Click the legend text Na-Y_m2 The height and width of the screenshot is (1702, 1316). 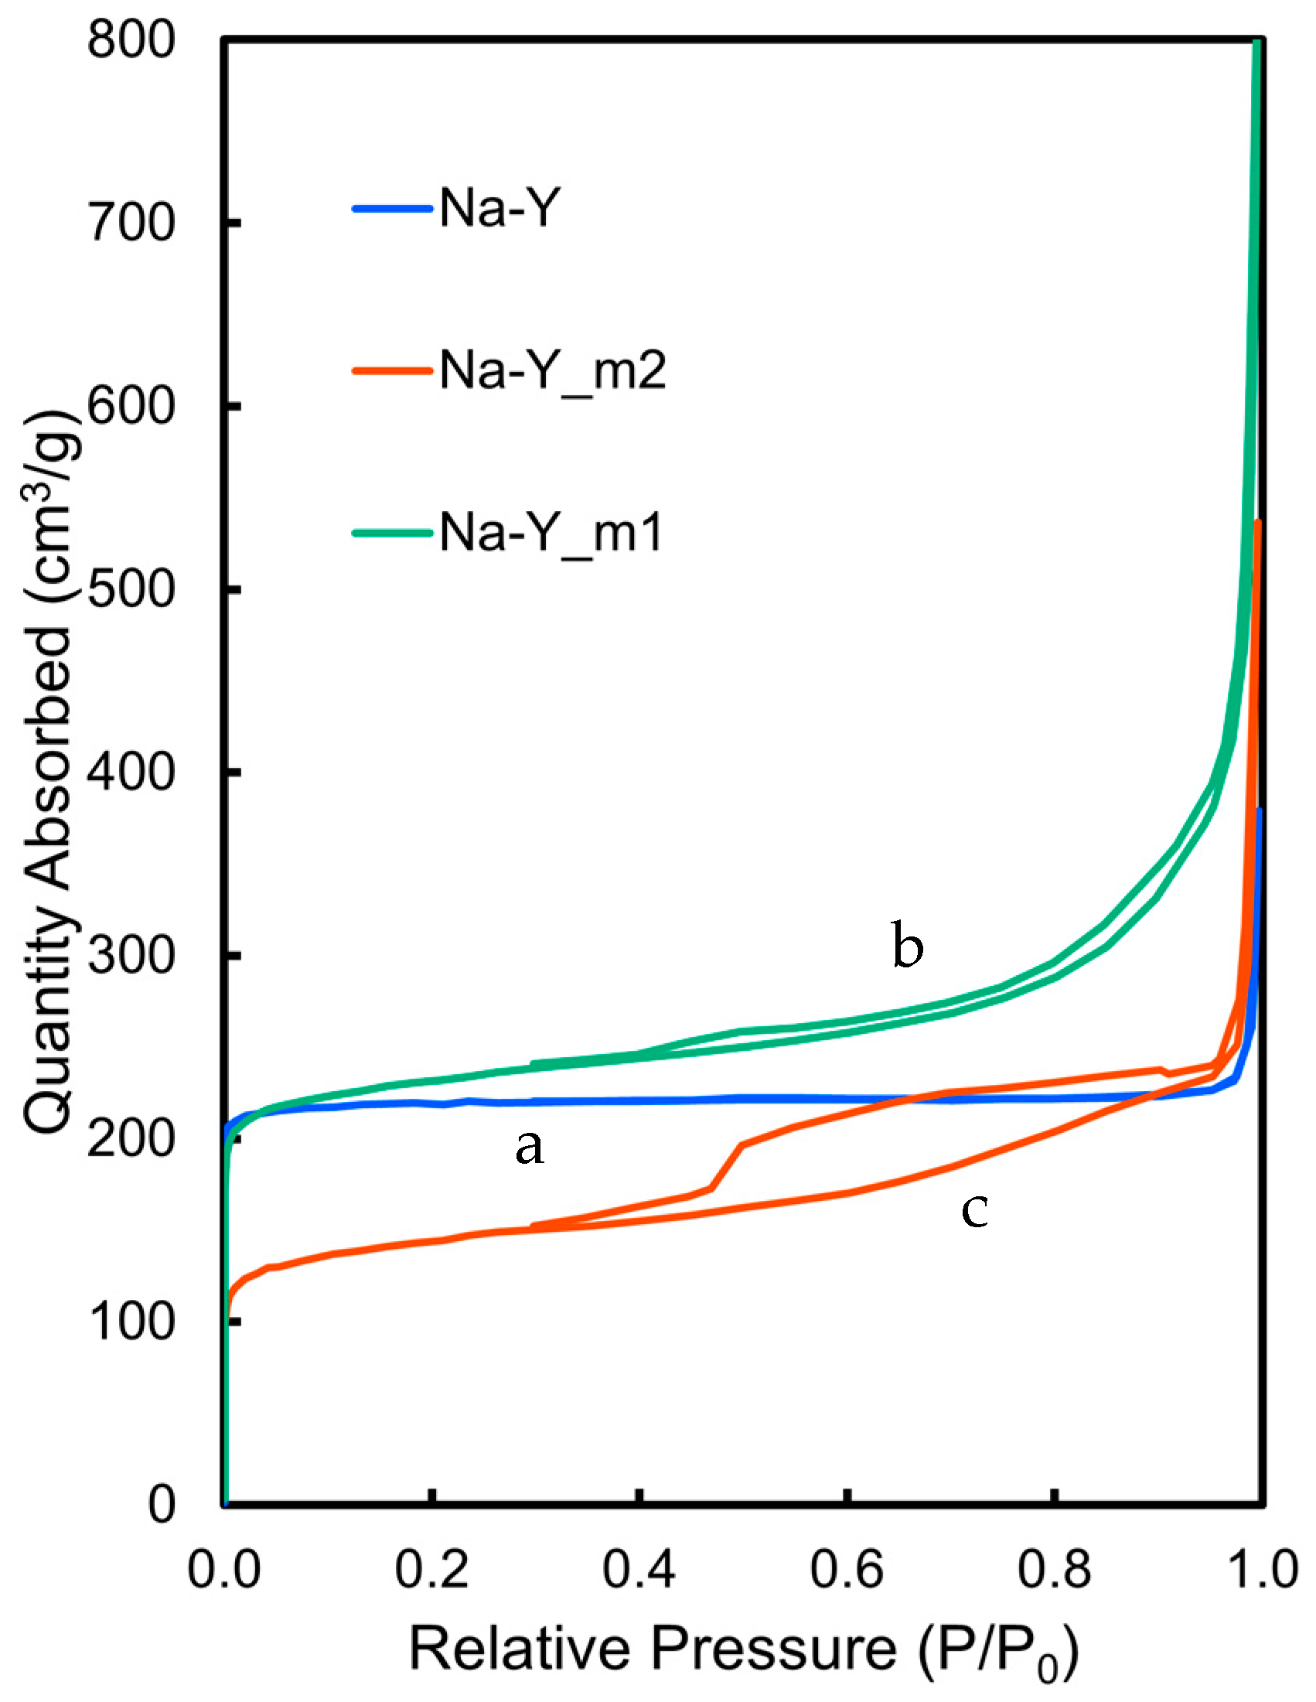point(552,371)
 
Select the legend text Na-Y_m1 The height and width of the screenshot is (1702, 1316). point(551,534)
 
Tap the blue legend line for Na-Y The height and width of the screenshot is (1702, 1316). point(392,209)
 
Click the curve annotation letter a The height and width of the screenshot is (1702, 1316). point(529,1148)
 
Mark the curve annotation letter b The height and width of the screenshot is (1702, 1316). point(908,947)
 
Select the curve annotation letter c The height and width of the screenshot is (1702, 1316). point(974,1210)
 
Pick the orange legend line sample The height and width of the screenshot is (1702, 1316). point(392,371)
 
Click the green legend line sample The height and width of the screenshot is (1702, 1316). point(392,534)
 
